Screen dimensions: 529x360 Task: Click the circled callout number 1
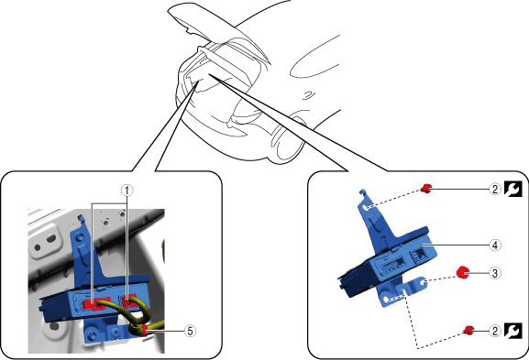tap(127, 191)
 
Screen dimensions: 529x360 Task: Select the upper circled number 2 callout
tap(494, 189)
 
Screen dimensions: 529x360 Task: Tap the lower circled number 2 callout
tap(494, 331)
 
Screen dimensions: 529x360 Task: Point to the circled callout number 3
tap(494, 273)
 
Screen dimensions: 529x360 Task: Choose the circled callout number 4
tap(494, 245)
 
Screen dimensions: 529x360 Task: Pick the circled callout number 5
tap(190, 331)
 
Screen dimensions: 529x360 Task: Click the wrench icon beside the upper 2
tap(513, 189)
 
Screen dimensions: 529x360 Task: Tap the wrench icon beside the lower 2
tap(513, 331)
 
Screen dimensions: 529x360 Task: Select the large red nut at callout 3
tap(463, 272)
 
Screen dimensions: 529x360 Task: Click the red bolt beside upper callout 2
tap(426, 189)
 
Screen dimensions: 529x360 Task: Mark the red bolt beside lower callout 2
tap(468, 331)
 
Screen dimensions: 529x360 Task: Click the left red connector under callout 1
tap(94, 303)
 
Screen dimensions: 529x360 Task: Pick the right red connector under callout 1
tap(129, 301)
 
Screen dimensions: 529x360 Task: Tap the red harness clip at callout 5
tap(143, 331)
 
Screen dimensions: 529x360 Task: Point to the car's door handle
tap(307, 94)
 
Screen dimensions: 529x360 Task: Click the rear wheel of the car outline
tap(286, 140)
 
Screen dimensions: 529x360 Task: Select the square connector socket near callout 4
tap(418, 255)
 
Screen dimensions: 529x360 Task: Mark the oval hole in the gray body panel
tap(51, 238)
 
